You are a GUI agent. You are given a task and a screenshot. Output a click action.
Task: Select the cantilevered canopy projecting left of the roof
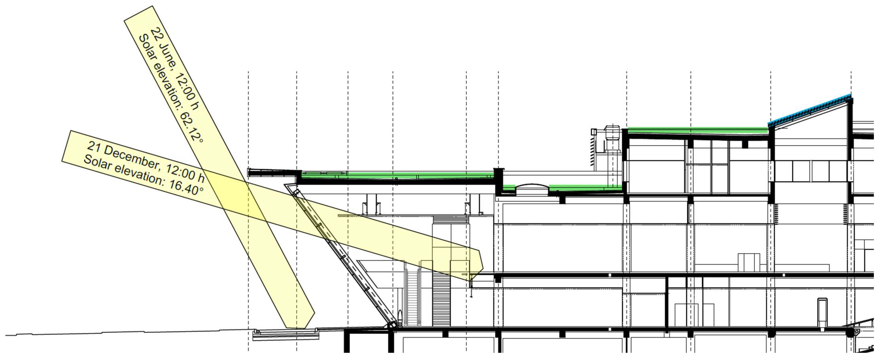click(272, 172)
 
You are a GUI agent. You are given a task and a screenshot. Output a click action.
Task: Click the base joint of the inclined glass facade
click(392, 325)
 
